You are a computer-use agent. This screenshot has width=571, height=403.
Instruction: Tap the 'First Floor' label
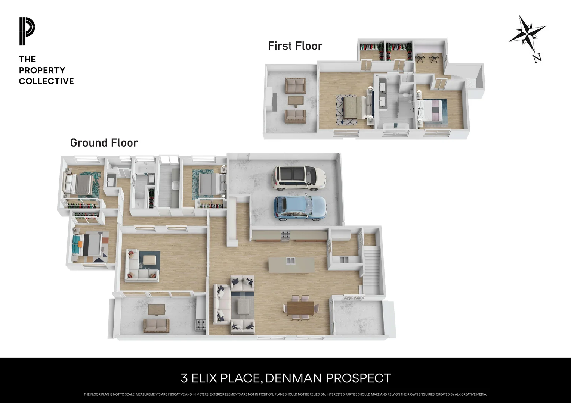pos(295,46)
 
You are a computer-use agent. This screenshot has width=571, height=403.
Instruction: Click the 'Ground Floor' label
pos(104,143)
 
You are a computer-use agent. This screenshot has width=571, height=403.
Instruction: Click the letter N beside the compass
pos(537,58)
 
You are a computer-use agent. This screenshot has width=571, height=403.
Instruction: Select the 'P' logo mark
pos(27,31)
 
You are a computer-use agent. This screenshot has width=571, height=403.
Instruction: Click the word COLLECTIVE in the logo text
pos(46,81)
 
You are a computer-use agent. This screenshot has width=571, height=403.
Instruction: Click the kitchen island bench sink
pos(291,261)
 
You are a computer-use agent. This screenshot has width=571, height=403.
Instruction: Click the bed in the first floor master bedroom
pos(353,107)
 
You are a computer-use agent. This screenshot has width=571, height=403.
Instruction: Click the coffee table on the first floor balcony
pos(296,100)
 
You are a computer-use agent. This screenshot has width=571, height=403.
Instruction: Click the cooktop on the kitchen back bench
pos(285,235)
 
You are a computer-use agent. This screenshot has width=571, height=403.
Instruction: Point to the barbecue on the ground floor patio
pos(201,325)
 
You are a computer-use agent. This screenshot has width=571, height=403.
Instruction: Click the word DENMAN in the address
pos(294,378)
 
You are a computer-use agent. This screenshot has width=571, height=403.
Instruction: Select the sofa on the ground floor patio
pos(157,325)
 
